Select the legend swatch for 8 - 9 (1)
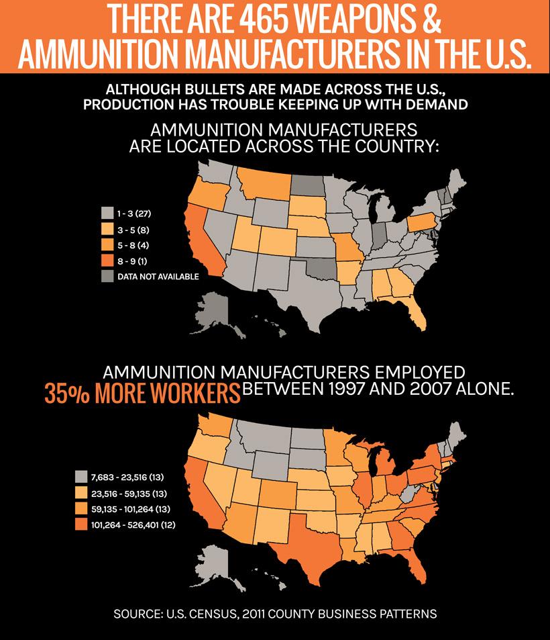tap(107, 260)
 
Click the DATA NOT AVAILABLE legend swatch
tap(107, 276)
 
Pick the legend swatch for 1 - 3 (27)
tap(107, 214)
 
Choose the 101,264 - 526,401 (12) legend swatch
tap(80, 524)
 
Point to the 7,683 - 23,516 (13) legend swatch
tap(80, 477)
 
